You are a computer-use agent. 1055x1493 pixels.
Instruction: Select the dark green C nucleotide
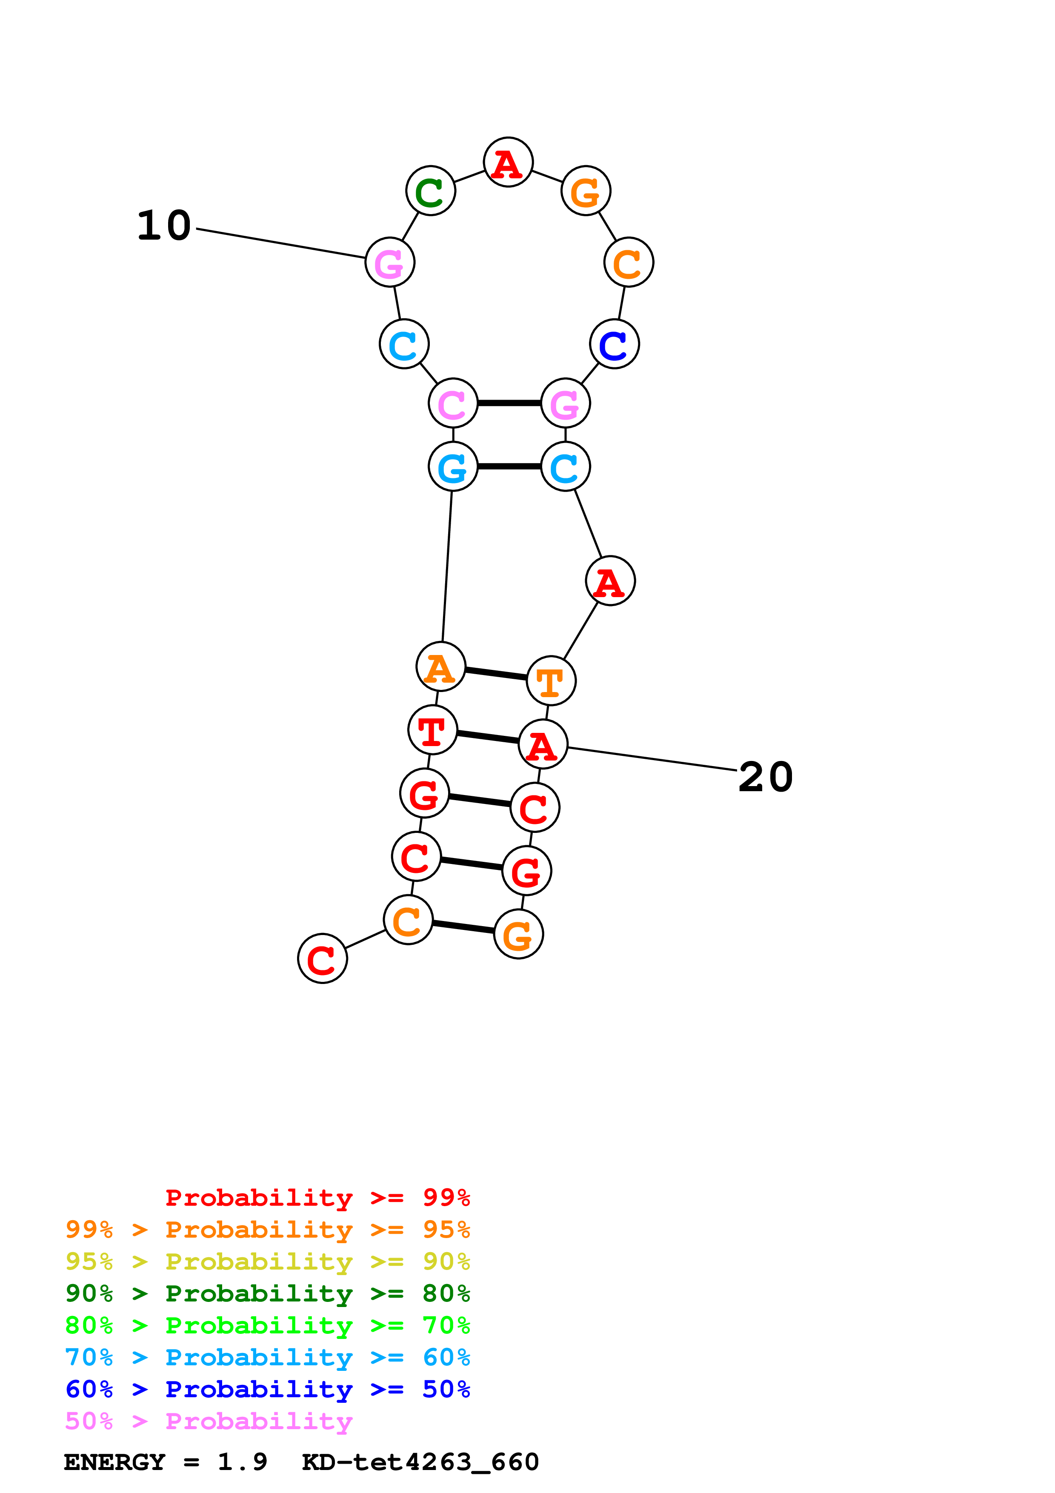click(430, 191)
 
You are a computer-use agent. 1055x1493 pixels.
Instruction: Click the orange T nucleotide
click(551, 681)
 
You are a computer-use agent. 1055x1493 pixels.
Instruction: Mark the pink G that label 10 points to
click(390, 262)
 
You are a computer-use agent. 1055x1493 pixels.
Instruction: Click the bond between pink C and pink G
click(509, 403)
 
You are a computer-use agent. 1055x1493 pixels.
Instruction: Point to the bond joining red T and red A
click(488, 737)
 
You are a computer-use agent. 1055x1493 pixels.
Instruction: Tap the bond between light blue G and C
click(509, 466)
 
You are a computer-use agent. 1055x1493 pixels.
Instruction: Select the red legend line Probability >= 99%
click(317, 1197)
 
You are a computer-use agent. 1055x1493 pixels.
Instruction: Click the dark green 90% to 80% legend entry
click(267, 1293)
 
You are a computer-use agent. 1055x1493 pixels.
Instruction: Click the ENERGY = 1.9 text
click(165, 1462)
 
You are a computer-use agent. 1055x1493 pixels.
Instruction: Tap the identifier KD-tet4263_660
click(420, 1462)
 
